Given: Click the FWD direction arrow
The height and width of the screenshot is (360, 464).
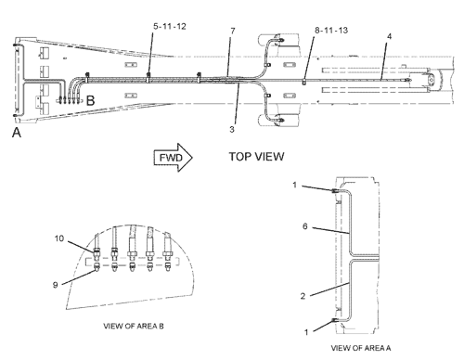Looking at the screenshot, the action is pyautogui.click(x=174, y=158).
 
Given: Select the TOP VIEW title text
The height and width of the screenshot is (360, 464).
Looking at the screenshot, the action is pyautogui.click(x=256, y=157).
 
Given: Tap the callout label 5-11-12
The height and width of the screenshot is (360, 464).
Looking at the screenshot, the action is pyautogui.click(x=170, y=27).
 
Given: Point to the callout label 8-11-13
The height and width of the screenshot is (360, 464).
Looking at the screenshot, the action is pyautogui.click(x=331, y=31).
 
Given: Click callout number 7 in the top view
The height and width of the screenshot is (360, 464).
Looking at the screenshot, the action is pyautogui.click(x=233, y=31).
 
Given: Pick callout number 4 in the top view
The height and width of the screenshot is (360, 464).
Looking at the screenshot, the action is pyautogui.click(x=389, y=36).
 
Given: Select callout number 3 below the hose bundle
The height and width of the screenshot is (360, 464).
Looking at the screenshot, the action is pyautogui.click(x=232, y=129).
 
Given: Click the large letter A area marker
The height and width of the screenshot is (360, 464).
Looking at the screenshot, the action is pyautogui.click(x=17, y=133).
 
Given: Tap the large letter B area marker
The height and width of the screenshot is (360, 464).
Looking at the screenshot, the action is pyautogui.click(x=90, y=100).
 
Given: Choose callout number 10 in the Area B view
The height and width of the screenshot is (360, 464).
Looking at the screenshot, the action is pyautogui.click(x=59, y=238).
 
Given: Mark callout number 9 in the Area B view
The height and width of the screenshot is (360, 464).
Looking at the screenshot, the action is pyautogui.click(x=56, y=285).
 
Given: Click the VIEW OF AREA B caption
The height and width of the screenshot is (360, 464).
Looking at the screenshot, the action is pyautogui.click(x=134, y=326).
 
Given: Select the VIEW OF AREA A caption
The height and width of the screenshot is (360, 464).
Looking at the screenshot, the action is pyautogui.click(x=361, y=348).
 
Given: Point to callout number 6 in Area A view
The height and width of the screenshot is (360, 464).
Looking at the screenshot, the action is pyautogui.click(x=305, y=226).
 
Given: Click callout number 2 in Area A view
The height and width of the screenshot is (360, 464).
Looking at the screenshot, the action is pyautogui.click(x=303, y=296).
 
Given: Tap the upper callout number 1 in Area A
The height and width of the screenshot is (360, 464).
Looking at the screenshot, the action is pyautogui.click(x=294, y=185).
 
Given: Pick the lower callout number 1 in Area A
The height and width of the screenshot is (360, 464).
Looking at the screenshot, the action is pyautogui.click(x=306, y=332).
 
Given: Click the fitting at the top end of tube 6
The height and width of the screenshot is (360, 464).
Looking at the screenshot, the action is pyautogui.click(x=334, y=191).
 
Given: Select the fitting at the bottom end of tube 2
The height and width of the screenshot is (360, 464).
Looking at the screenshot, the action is pyautogui.click(x=334, y=320).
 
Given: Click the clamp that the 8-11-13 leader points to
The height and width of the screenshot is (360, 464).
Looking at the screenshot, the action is pyautogui.click(x=304, y=82).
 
